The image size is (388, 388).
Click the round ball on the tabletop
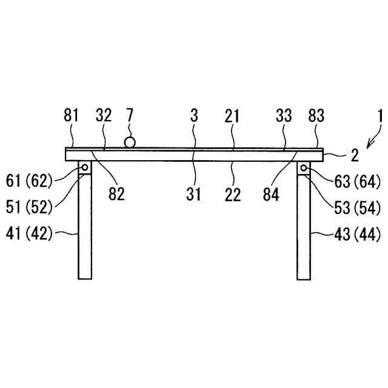pos(129,142)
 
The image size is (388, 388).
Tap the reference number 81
pos(72,116)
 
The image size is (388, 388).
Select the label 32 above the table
pos(103,116)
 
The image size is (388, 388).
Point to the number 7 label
pos(129,116)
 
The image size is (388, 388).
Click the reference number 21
pos(233,116)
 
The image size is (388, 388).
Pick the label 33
pos(283,116)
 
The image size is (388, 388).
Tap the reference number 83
pos(316,116)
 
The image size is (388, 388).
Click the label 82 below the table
pos(116,194)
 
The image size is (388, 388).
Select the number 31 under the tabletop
pos(194,194)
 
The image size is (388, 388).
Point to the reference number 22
pos(233,194)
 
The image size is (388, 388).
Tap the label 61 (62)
pos(29,179)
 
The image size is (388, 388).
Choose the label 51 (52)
pos(29,206)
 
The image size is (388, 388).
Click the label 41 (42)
pos(29,233)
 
